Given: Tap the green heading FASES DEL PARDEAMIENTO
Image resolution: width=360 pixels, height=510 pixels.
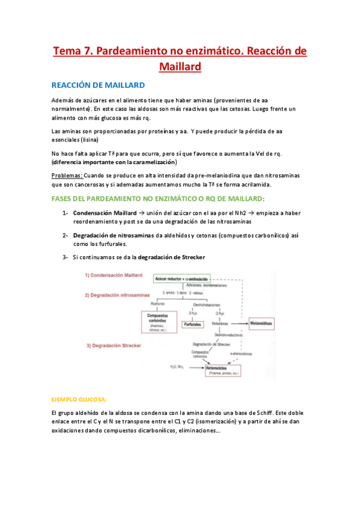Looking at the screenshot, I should (159, 198).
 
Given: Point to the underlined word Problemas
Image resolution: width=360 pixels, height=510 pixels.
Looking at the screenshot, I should (66, 174).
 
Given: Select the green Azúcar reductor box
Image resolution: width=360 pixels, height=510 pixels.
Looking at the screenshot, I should (182, 280).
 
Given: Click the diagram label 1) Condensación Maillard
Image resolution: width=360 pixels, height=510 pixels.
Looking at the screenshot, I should (114, 275).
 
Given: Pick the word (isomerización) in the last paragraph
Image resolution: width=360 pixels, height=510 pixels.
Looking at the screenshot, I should (185, 422).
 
